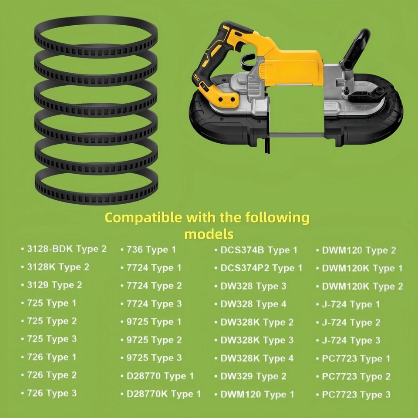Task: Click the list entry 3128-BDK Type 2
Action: pyautogui.click(x=67, y=249)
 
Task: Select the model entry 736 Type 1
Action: pyautogui.click(x=151, y=250)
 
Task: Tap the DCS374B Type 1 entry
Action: pyautogui.click(x=259, y=250)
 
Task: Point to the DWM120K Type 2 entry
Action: pyautogui.click(x=362, y=287)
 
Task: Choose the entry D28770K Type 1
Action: pyautogui.click(x=163, y=394)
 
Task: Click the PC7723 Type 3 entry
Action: pyautogui.click(x=356, y=394)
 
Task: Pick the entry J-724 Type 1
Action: pyautogui.click(x=351, y=304)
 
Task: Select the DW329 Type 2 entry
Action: pyautogui.click(x=253, y=376)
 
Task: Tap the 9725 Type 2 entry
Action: pyautogui.click(x=154, y=340)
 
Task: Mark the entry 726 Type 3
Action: pyautogui.click(x=52, y=393)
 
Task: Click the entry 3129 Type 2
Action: pyautogui.click(x=54, y=285)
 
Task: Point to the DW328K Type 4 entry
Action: pyautogui.click(x=257, y=358)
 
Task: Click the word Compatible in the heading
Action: pyautogui.click(x=144, y=218)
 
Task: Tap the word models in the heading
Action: pyautogui.click(x=209, y=234)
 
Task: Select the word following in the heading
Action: pyautogui.click(x=277, y=218)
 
